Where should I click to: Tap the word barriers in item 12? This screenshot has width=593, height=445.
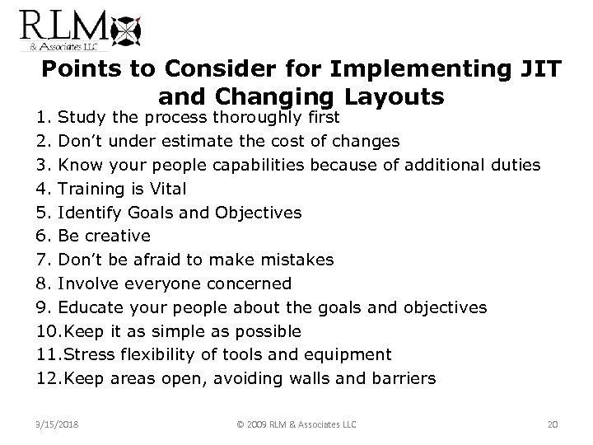pos(400,379)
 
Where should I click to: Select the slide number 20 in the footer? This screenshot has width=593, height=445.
pos(553,424)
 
